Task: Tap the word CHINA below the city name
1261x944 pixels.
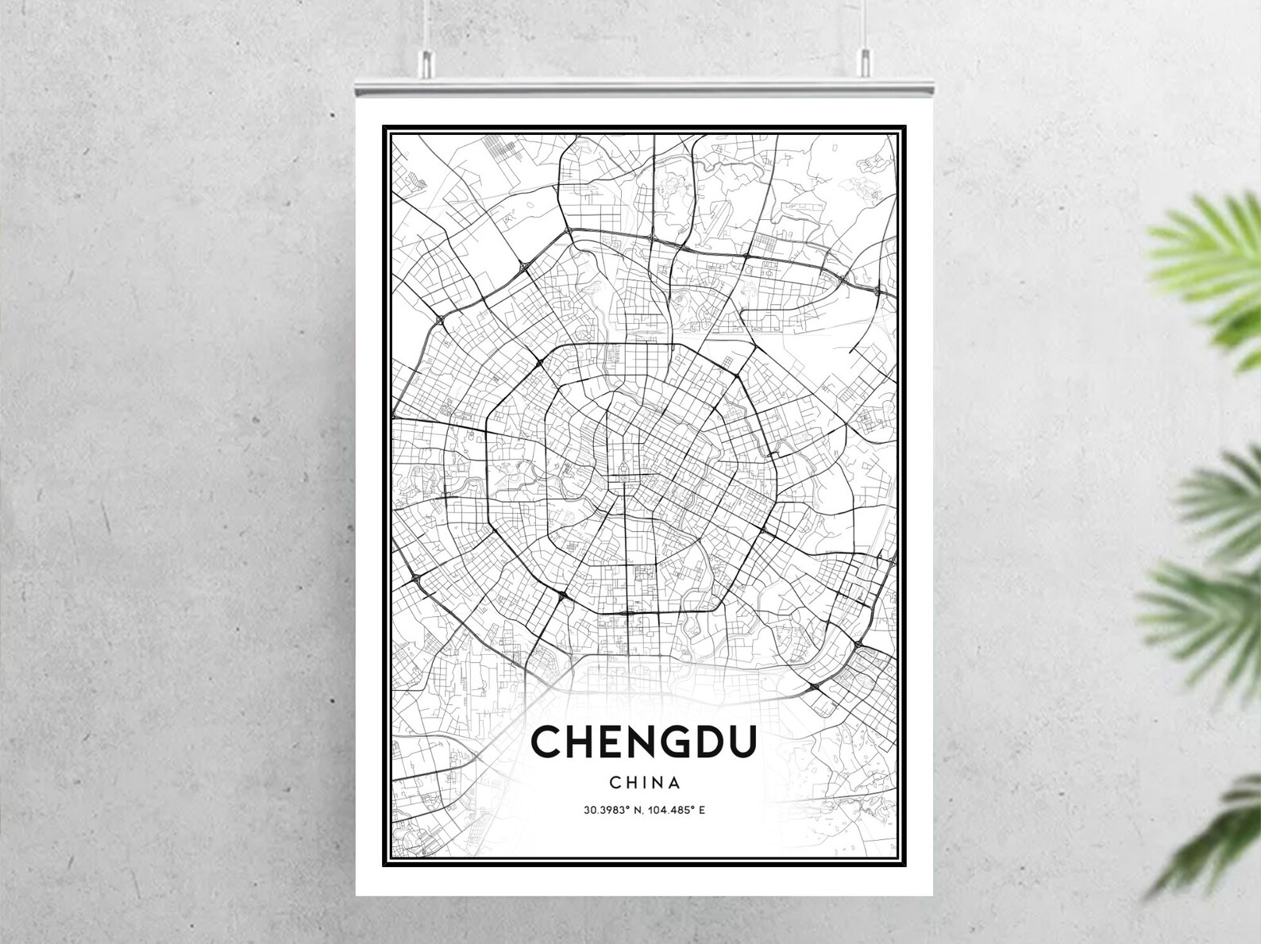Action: pyautogui.click(x=645, y=782)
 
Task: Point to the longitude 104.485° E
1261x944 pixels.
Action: pyautogui.click(x=677, y=811)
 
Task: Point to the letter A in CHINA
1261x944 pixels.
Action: pyautogui.click(x=674, y=782)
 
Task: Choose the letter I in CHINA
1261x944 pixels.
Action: pyautogui.click(x=638, y=782)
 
